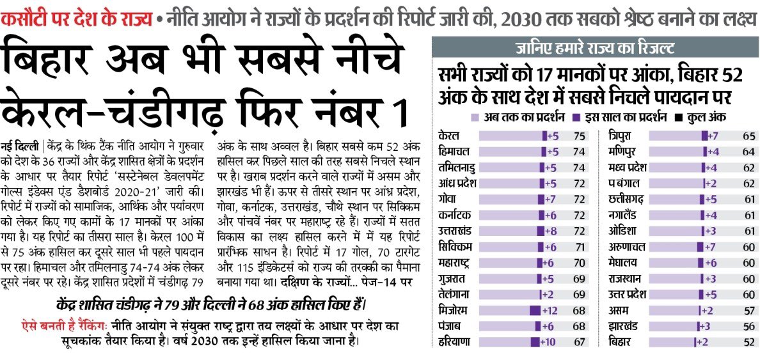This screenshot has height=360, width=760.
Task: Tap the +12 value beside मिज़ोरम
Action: point(551,310)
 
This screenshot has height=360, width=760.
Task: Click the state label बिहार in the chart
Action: point(619,342)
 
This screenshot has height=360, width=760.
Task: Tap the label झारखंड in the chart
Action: point(622,326)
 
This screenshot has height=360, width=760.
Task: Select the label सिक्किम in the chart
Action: point(454,247)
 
